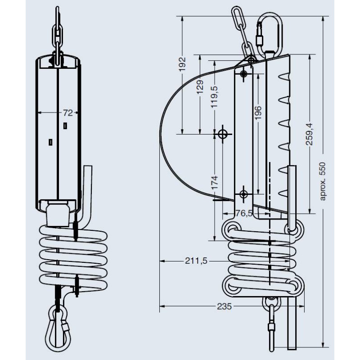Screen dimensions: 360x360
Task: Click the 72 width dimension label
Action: (x=67, y=112)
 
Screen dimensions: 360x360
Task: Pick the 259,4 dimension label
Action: (x=310, y=134)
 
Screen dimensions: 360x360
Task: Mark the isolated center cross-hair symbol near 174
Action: (x=222, y=134)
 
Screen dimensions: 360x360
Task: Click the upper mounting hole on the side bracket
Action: (x=243, y=73)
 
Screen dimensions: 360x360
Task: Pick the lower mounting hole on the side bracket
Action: (x=243, y=194)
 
